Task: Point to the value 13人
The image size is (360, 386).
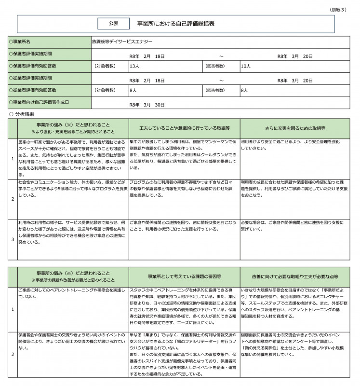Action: tap(134, 66)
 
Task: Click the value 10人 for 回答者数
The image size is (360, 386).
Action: tap(245, 66)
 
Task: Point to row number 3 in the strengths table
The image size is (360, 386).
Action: tap(13, 239)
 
